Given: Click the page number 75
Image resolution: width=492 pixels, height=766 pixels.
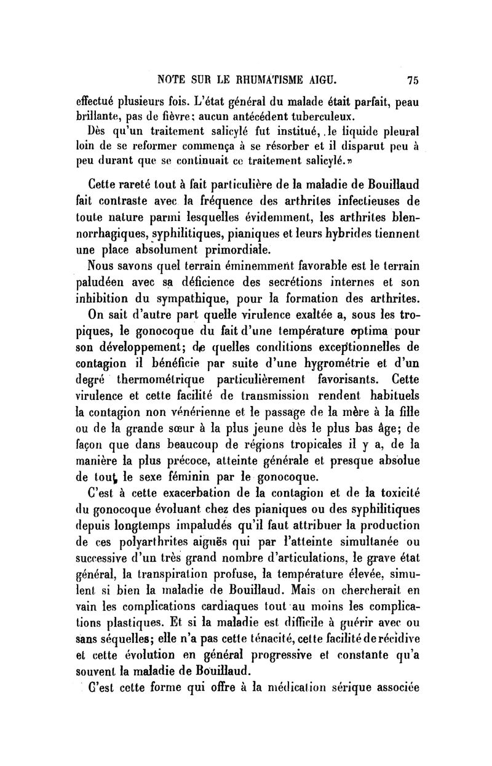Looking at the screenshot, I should click(x=412, y=79).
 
